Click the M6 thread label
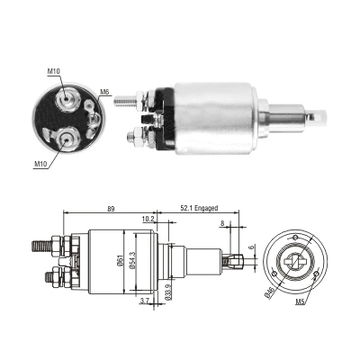[x=104, y=93]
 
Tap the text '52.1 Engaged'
[x=199, y=207]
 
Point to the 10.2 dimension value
[x=148, y=218]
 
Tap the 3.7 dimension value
[x=143, y=304]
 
